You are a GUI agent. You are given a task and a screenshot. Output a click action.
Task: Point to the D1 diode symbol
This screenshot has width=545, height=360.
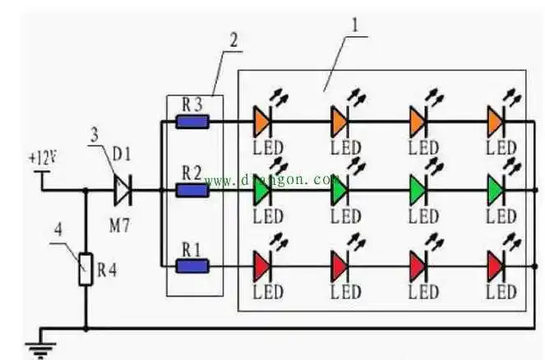[122, 191]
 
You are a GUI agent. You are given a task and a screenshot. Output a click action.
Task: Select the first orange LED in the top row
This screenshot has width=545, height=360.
[261, 122]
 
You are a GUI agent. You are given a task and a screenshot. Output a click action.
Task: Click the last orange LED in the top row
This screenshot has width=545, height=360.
[496, 122]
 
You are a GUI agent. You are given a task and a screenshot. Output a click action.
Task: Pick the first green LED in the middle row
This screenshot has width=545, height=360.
[261, 191]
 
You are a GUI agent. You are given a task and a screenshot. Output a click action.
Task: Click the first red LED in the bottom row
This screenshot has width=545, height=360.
[261, 265]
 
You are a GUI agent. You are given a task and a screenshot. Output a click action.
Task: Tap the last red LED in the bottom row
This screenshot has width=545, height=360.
[496, 265]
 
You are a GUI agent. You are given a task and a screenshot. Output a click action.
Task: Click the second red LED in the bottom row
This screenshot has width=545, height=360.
[339, 265]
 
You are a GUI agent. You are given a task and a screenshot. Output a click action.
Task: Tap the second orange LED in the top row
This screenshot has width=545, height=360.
[339, 122]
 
